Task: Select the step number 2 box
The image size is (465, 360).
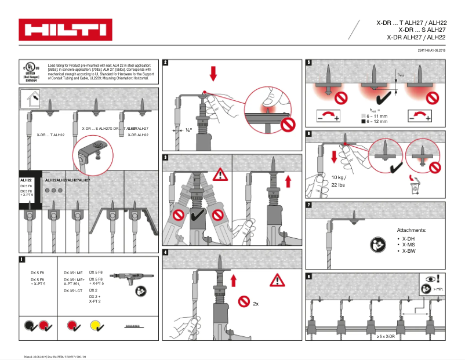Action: point(166,62)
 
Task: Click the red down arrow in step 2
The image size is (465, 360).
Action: point(213,74)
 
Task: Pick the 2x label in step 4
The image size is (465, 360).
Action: point(256,303)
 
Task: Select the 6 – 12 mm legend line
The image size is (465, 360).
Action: point(377,122)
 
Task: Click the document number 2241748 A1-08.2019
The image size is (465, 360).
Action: point(431,51)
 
